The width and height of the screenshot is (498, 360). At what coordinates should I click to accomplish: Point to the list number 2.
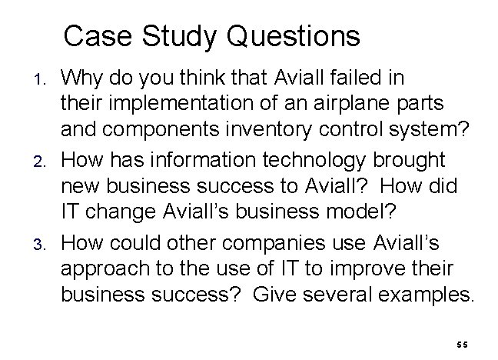43,161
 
